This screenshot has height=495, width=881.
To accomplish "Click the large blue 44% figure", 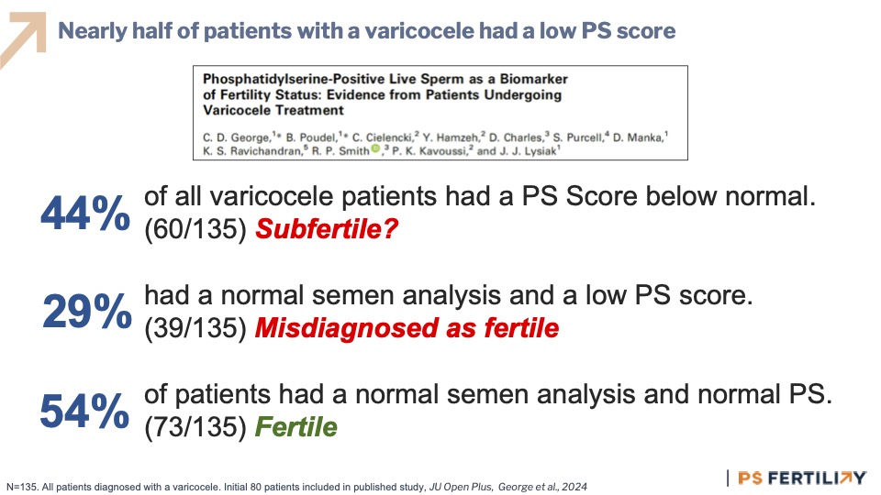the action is click(x=85, y=214).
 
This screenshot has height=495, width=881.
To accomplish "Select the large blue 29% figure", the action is click(x=87, y=311).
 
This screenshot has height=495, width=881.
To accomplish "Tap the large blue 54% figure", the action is click(x=84, y=411).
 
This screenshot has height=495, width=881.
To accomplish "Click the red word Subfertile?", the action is click(x=327, y=229).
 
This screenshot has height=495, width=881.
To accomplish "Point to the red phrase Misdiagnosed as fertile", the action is click(x=407, y=328).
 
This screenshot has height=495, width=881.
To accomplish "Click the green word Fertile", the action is click(x=296, y=427).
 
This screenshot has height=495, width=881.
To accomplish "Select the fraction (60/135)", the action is click(x=195, y=229).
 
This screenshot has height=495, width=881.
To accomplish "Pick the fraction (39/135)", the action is click(x=195, y=328).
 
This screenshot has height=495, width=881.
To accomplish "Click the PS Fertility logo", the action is click(x=800, y=478).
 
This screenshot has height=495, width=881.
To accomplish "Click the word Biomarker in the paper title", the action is click(x=534, y=79).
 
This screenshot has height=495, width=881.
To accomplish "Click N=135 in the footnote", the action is click(x=22, y=487).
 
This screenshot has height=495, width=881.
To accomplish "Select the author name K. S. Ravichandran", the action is click(x=253, y=151).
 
